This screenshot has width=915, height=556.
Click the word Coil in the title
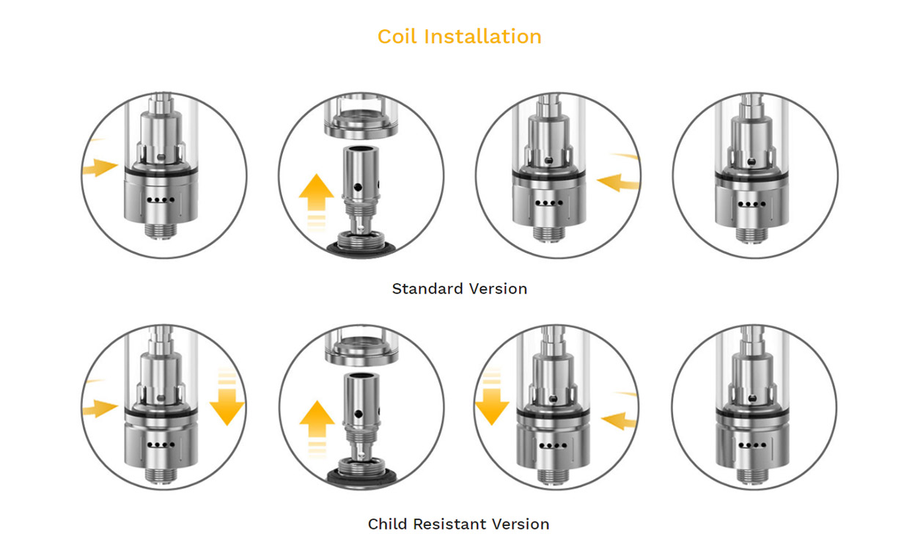click(398, 36)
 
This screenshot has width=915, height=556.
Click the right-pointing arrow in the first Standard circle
click(100, 168)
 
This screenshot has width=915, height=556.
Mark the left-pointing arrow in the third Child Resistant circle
click(620, 421)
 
